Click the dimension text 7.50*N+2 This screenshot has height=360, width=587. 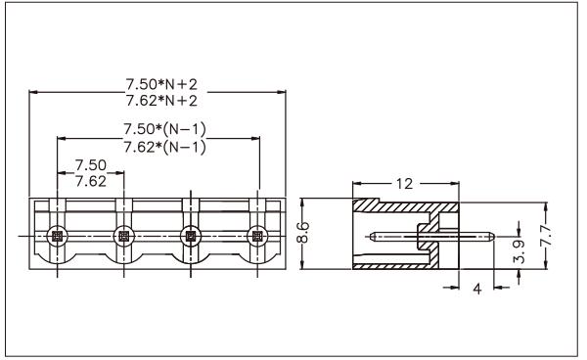pyautogui.click(x=161, y=84)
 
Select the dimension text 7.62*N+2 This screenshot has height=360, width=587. pyautogui.click(x=161, y=101)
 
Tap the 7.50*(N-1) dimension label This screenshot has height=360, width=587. pyautogui.click(x=164, y=129)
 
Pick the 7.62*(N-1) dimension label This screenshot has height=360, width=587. pyautogui.click(x=164, y=147)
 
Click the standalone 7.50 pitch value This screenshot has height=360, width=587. pyautogui.click(x=91, y=165)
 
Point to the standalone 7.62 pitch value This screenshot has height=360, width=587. pyautogui.click(x=91, y=182)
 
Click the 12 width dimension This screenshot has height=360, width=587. pyautogui.click(x=404, y=184)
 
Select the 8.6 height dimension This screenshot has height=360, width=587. pyautogui.click(x=303, y=233)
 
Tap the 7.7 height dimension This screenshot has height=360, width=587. pyautogui.click(x=546, y=236)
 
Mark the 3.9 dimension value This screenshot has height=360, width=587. pyautogui.click(x=519, y=251)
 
